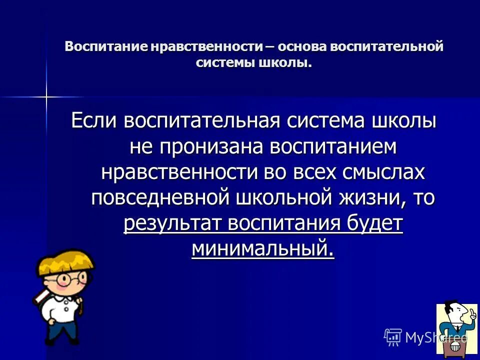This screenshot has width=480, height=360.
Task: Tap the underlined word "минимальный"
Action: [x=262, y=248]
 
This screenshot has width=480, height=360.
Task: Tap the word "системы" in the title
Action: [x=225, y=63]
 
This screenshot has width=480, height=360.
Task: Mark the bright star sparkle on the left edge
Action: [x=46, y=96]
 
